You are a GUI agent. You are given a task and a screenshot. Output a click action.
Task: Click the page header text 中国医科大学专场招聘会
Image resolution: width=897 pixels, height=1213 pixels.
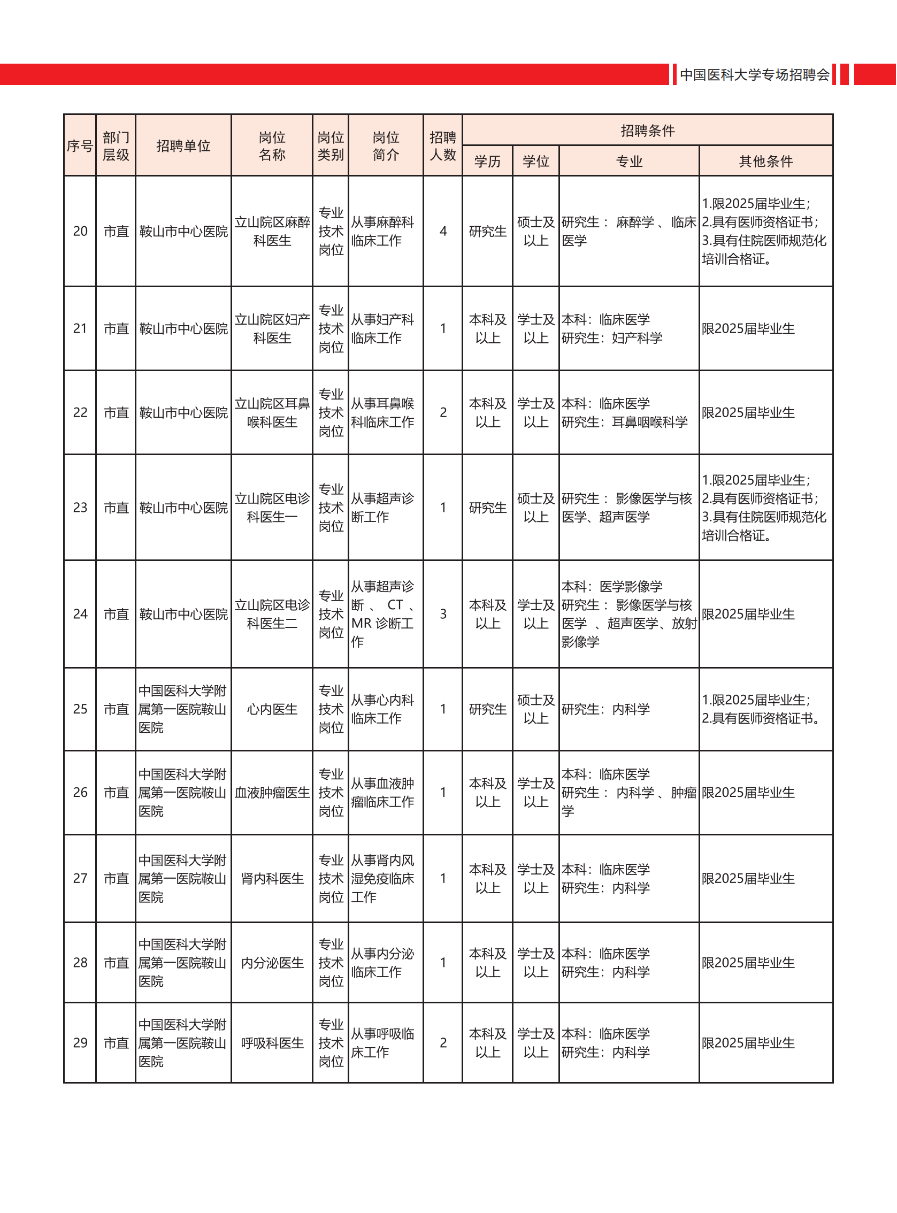tap(754, 74)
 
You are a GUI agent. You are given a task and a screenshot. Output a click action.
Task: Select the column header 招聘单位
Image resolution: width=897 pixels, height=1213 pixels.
tap(183, 145)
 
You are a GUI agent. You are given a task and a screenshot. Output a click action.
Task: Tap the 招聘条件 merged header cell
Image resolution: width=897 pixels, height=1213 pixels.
tap(647, 130)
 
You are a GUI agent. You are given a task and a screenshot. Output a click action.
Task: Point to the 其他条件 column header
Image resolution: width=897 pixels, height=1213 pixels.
tap(765, 162)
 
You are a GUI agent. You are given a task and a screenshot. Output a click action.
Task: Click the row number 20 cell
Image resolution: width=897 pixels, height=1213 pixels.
tap(80, 231)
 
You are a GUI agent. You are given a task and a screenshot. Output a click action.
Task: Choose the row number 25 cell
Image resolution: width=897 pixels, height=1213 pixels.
tap(80, 709)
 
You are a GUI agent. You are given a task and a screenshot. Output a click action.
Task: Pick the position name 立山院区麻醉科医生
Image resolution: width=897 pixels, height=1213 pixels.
tap(272, 231)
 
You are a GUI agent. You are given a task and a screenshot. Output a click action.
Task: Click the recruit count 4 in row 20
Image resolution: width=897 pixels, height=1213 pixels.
tap(443, 231)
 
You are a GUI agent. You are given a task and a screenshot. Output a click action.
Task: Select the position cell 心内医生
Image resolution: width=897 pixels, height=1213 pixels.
tap(272, 709)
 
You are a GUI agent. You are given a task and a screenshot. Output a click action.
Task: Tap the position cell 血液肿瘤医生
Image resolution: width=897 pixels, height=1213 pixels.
tap(272, 793)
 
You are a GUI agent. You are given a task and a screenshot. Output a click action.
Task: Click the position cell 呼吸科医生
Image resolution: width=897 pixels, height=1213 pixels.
tap(272, 1043)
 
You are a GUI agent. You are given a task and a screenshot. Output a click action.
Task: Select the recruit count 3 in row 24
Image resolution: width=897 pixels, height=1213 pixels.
tap(443, 614)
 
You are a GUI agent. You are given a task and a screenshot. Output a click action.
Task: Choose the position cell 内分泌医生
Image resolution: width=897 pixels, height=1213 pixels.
tap(272, 963)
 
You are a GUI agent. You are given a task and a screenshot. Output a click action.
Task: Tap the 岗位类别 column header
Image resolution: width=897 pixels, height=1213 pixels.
tap(331, 145)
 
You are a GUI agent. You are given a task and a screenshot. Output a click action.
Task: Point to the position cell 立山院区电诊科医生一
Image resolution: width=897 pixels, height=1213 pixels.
tap(272, 508)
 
